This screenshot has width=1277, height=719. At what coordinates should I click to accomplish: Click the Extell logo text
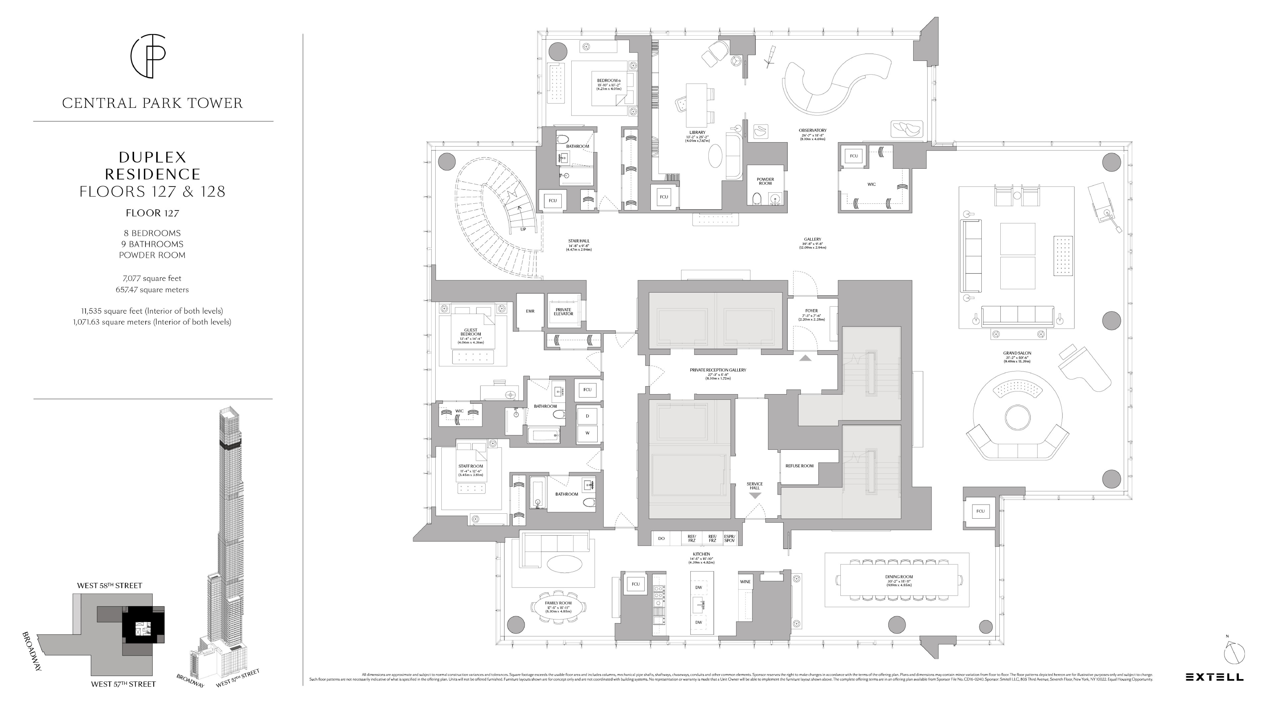pos(1214,677)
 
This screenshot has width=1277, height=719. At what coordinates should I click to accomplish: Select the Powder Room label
pos(765,181)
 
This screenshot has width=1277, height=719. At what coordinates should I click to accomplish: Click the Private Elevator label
pos(563,312)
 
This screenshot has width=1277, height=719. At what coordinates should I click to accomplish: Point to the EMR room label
pos(530,311)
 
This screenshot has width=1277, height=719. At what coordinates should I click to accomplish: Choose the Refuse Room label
pos(799,466)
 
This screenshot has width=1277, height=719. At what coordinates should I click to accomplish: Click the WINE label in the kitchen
pos(745,582)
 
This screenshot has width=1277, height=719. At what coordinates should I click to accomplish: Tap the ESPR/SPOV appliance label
pos(729,538)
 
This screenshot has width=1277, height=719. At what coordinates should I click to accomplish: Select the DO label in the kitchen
pos(661,538)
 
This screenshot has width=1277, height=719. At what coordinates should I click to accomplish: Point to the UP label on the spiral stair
pos(523,229)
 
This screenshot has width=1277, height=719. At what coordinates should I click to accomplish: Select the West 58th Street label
pos(110,586)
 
